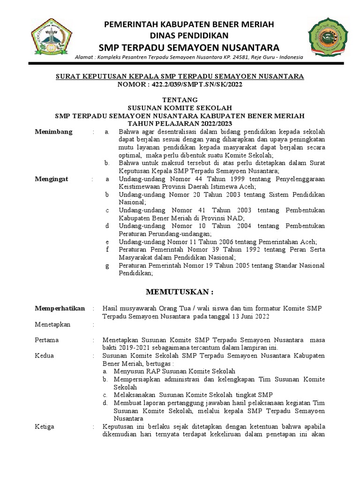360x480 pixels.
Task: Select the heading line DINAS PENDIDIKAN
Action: point(189,36)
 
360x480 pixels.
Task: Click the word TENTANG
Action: point(180,100)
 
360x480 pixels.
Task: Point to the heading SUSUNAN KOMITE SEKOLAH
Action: point(180,107)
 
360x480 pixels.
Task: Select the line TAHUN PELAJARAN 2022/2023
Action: point(180,123)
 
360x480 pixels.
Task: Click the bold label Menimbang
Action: point(54,132)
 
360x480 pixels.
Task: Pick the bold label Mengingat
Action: point(52,179)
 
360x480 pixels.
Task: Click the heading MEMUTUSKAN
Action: point(180,292)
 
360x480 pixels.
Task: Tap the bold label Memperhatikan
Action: point(60,308)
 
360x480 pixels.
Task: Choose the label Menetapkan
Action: point(52,324)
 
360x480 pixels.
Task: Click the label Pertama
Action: point(47,339)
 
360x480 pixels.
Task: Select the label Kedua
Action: point(45,355)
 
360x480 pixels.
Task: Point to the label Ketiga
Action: point(45,427)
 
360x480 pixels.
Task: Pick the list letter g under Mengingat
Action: point(107,265)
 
